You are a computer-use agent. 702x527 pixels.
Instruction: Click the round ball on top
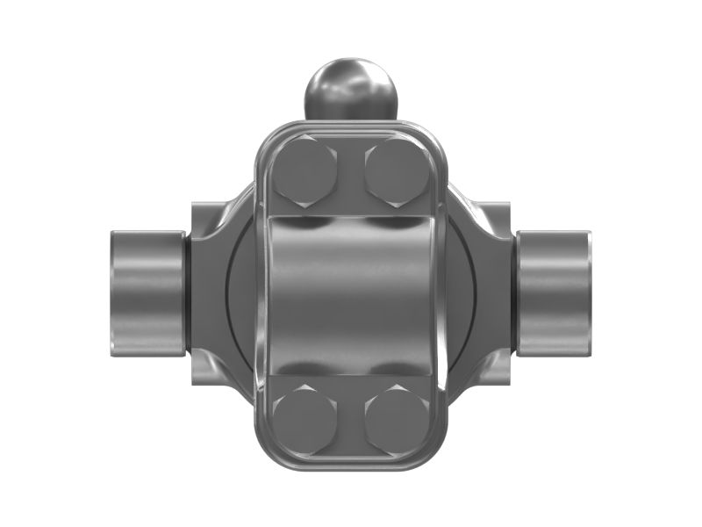tap(350, 88)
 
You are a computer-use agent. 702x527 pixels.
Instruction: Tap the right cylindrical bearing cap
tap(554, 292)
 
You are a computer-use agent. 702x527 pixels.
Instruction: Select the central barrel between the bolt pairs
tap(350, 295)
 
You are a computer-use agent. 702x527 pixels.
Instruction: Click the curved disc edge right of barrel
tap(462, 294)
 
